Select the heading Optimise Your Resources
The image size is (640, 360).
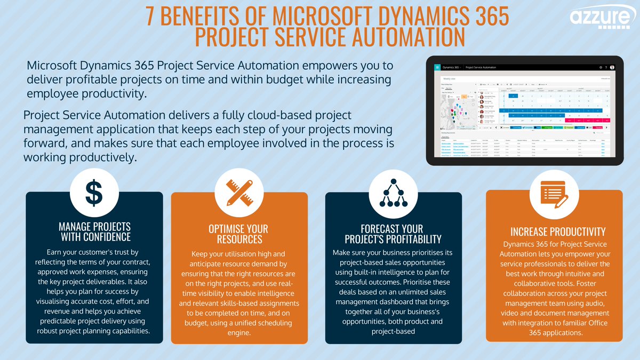click(x=239, y=234)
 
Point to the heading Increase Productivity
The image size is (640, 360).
click(x=558, y=231)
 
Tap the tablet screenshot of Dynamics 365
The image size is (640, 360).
click(x=525, y=110)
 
